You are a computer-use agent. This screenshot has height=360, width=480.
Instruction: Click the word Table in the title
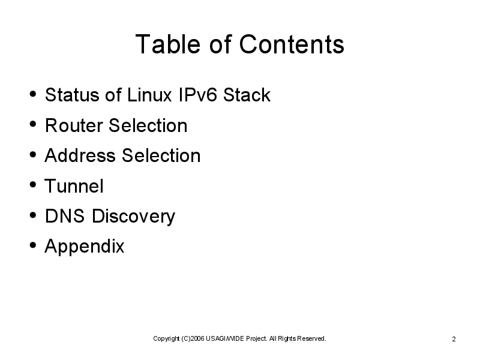click(x=168, y=44)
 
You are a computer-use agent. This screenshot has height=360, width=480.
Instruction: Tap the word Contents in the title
click(x=292, y=44)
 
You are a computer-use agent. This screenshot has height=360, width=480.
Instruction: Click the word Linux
click(x=149, y=95)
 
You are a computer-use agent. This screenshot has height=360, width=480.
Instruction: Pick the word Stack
click(x=247, y=95)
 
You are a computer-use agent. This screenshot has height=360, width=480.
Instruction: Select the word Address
click(x=80, y=155)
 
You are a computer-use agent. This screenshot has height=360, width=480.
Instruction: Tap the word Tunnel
click(x=74, y=185)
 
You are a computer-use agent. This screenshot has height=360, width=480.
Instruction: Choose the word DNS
click(x=65, y=216)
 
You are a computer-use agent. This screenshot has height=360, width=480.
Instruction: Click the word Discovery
click(x=133, y=217)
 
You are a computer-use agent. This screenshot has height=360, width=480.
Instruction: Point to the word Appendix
click(x=85, y=247)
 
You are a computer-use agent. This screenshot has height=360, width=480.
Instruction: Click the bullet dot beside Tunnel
click(x=33, y=185)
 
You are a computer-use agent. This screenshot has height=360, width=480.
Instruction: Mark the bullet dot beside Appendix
click(x=33, y=245)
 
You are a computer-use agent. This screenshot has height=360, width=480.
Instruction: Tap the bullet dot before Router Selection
click(x=33, y=124)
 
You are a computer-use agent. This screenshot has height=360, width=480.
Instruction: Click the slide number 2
click(x=454, y=339)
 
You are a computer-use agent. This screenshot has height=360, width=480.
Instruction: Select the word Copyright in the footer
click(x=166, y=339)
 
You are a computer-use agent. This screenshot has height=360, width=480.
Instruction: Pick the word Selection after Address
click(x=161, y=155)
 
